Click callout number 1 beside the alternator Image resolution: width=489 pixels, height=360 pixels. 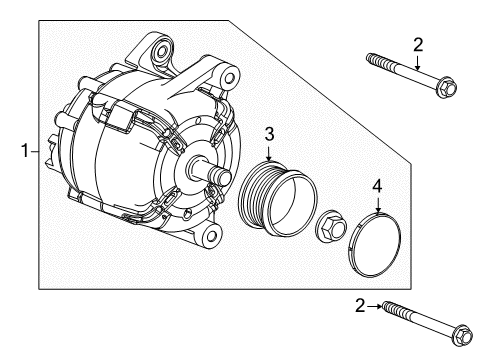coord(25,152)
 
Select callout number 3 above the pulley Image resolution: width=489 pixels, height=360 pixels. coord(269,134)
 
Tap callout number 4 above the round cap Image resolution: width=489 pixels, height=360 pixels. coord(377,185)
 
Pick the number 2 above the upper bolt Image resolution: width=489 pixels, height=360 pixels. coord(419,43)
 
